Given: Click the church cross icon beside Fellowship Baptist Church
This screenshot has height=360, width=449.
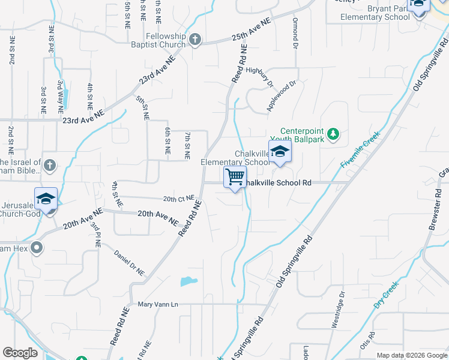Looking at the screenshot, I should pos(194,40).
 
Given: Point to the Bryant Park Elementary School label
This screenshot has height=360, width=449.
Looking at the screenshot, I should pos(375,13).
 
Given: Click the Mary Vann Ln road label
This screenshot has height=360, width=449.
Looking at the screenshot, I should pos(158,305).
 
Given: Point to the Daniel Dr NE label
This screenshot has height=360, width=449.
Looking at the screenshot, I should pos(130,262).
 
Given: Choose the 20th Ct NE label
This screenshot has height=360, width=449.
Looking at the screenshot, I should pos(178,199).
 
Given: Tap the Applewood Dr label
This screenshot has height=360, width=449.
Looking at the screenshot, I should pos(282,96).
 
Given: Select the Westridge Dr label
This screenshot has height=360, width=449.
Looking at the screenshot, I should pos(338,310).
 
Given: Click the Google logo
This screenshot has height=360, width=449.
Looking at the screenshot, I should pos(20,353).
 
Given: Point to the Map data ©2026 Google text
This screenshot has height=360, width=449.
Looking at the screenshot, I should pos(411,355).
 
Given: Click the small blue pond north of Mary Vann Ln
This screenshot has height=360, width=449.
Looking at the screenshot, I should pos(188,281).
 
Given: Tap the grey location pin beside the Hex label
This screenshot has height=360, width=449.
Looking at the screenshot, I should pos(37,247).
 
